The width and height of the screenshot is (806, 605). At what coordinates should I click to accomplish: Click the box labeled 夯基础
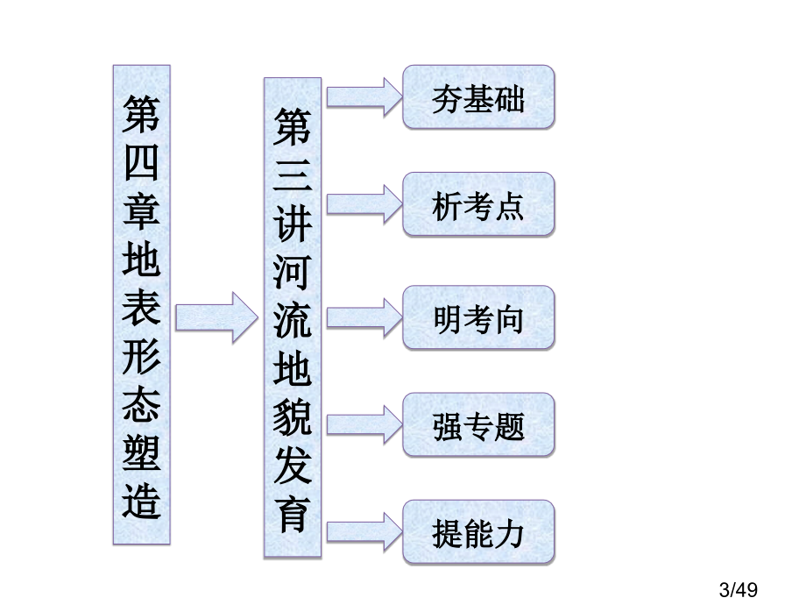coord(478,97)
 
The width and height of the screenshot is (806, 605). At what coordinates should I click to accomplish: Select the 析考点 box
coord(478,205)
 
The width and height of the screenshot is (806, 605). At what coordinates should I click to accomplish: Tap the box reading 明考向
coord(478,317)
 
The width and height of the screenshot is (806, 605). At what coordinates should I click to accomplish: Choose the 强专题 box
coord(478,425)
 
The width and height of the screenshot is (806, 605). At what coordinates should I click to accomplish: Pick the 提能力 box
coord(478,532)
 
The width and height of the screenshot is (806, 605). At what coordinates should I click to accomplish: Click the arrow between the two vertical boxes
coord(216,317)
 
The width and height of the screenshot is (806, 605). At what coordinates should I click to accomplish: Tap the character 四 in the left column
coord(142,164)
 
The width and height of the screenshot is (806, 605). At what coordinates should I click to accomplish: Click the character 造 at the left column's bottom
coord(142,502)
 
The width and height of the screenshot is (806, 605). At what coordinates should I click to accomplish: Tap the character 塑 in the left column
coord(142,452)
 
